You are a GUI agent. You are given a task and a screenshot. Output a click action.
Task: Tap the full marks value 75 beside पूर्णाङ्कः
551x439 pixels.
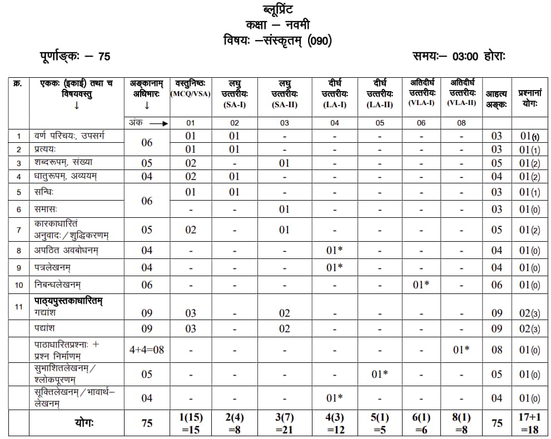coord(104,56)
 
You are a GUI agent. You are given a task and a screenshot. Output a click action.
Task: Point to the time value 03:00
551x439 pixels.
coord(465,56)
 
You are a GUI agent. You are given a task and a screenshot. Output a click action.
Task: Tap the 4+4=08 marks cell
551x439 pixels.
coord(146,350)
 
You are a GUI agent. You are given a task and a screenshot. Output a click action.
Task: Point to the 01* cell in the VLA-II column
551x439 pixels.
coord(461,350)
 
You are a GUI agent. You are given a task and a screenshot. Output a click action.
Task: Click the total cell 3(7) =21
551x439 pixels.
coord(284,423)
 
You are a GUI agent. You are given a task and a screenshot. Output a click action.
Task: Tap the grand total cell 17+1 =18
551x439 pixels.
coord(529,423)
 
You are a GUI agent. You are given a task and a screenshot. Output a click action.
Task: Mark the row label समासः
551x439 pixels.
coord(48,209)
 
